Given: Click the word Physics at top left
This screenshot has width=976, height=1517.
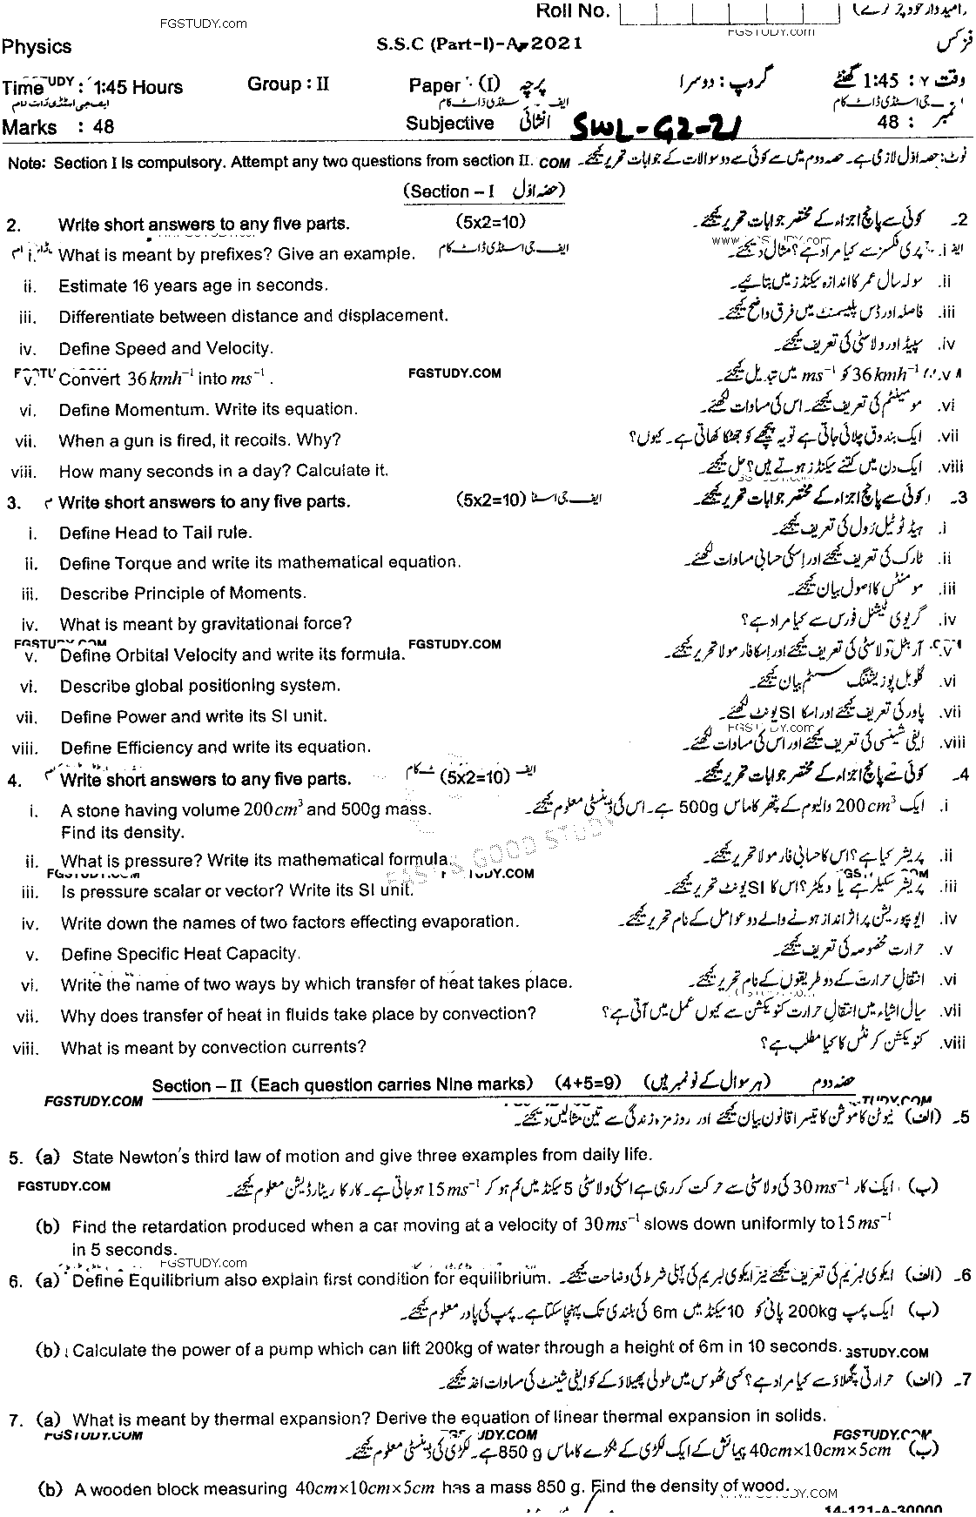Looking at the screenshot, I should coord(37,47).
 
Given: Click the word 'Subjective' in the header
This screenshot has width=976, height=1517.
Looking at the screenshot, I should coord(449,124).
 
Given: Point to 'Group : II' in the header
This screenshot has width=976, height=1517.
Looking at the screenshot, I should coord(288,84).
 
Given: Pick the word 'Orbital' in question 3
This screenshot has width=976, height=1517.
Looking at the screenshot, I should coord(145,654).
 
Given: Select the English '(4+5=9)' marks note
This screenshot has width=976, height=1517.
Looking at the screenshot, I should coord(589,1084).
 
